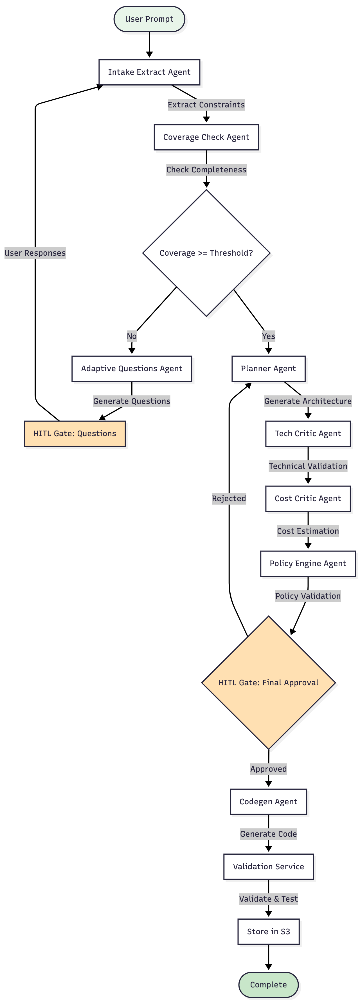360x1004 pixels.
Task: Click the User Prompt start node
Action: (149, 19)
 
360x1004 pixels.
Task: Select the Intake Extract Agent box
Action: (149, 72)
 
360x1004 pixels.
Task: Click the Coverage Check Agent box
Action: (206, 137)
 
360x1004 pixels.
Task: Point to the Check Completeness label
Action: (206, 170)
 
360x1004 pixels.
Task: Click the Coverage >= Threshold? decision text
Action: (206, 253)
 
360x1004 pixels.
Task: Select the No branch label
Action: (132, 336)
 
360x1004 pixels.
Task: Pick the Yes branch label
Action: (268, 336)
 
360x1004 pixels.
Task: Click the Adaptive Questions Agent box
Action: (132, 369)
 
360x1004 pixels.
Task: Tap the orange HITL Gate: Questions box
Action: (75, 433)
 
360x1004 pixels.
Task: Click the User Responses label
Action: (35, 253)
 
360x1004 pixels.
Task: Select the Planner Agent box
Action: (268, 369)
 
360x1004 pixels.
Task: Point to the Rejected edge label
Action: (229, 499)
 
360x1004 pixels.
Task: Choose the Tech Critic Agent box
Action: (308, 433)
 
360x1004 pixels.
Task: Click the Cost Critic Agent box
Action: (308, 499)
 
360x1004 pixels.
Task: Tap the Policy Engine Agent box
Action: (308, 564)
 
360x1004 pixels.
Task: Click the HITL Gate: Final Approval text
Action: (268, 683)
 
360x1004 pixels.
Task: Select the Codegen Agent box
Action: (268, 802)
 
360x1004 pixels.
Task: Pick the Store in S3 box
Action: (268, 931)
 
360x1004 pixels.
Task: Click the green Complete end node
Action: (268, 985)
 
